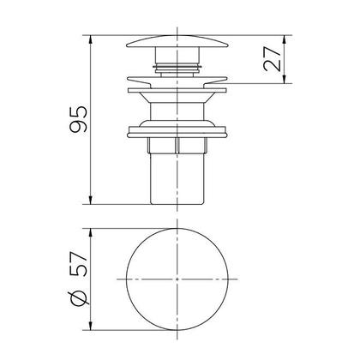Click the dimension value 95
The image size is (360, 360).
pyautogui.click(x=78, y=119)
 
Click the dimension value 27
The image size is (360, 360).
pyautogui.click(x=272, y=59)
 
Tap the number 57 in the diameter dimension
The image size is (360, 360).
pyautogui.click(x=79, y=264)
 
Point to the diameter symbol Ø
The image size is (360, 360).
pyautogui.click(x=79, y=298)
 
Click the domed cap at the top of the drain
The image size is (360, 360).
pyautogui.click(x=177, y=41)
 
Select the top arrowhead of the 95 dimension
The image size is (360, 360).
pyautogui.click(x=91, y=40)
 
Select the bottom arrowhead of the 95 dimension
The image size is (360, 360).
pyautogui.click(x=91, y=200)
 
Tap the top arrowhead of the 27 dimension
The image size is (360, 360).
pyautogui.click(x=284, y=40)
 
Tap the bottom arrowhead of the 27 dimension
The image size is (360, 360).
pyautogui.click(x=284, y=79)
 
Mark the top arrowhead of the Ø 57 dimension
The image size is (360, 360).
pyautogui.click(x=91, y=233)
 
